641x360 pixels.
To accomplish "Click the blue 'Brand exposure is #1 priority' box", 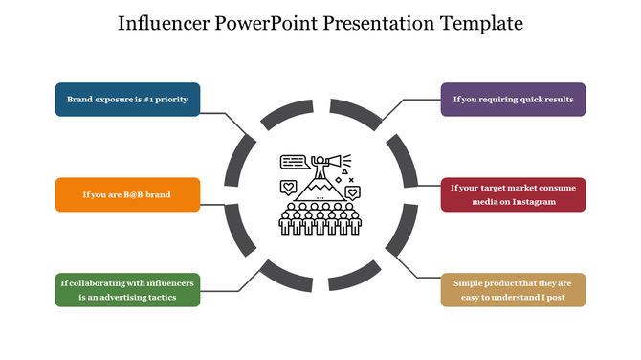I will coord(127,100).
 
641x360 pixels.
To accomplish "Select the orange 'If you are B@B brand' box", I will coord(127,194).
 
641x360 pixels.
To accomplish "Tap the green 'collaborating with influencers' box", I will coord(127,290).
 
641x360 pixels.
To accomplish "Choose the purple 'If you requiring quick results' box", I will coord(513,100).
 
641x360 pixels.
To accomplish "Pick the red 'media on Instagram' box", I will coord(513,194).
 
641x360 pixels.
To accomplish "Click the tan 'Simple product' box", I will coord(513,290).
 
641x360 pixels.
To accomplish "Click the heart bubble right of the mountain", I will coord(353,192).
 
